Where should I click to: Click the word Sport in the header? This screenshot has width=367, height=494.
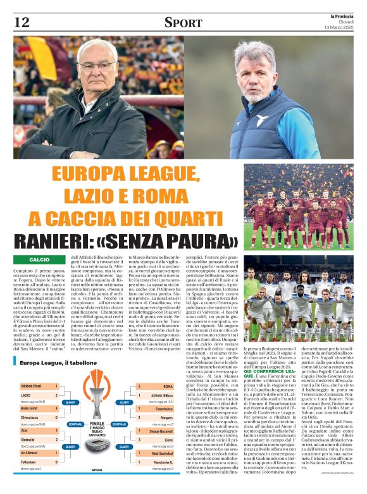[183, 23]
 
